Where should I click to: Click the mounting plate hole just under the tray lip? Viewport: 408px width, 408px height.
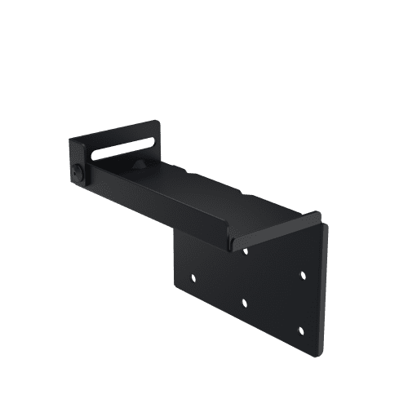(x=246, y=251)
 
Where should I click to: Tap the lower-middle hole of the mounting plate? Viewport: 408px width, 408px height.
(x=244, y=303)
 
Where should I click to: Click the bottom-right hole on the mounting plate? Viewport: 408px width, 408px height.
(x=300, y=330)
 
